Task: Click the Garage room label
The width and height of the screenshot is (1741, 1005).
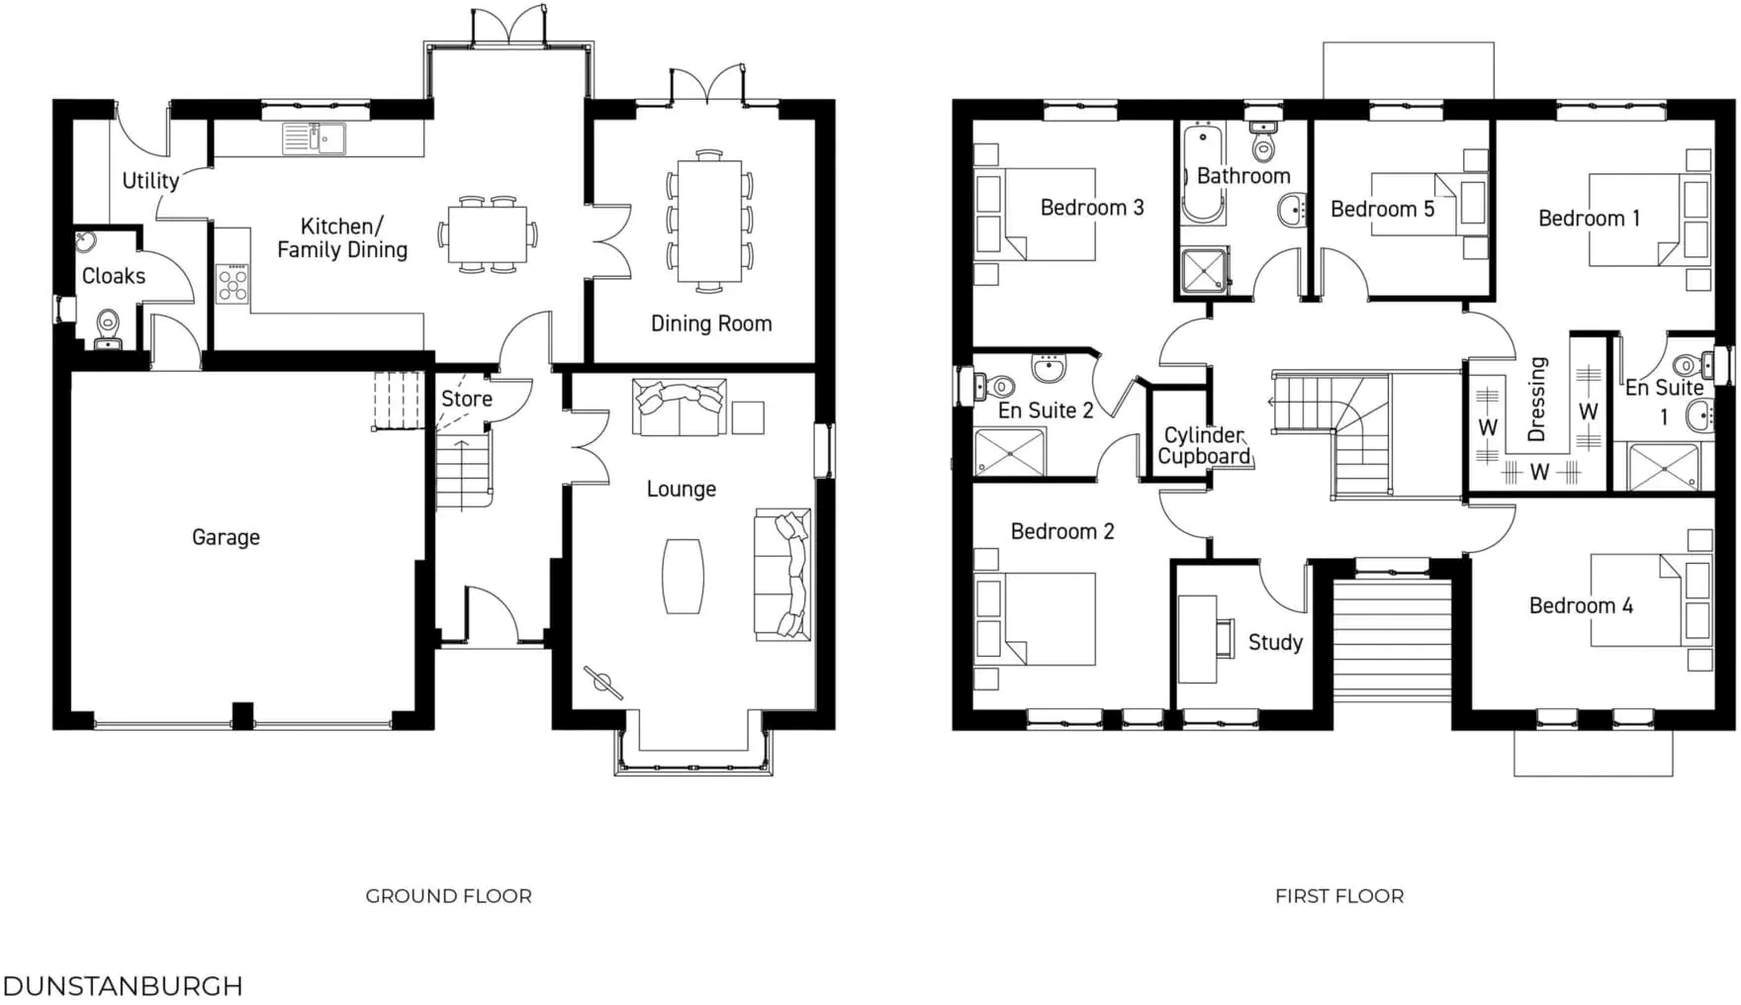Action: pos(226,537)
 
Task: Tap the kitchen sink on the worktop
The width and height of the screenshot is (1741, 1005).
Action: pos(313,138)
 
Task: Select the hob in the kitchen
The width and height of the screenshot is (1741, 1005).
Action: pos(232,284)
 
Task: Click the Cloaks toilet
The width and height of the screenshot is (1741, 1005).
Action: pos(108,327)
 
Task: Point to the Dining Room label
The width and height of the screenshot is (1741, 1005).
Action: pos(710,323)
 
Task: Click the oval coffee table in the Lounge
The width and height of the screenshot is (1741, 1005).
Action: pos(683,576)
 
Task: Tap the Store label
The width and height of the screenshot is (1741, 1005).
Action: pos(466,399)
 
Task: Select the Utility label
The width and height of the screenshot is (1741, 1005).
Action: pos(149,181)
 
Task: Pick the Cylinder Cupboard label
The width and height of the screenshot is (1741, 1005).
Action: pos(1204,446)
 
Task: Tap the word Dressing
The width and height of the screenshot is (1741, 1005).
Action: pos(1536,399)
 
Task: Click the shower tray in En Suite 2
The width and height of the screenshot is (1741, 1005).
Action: pos(1009,453)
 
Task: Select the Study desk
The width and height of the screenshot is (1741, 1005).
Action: pos(1197,639)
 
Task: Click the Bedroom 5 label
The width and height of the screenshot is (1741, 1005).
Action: pos(1382,209)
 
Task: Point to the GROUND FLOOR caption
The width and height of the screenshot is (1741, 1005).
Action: pos(448,896)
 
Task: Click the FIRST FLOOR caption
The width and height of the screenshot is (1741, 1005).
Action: pos(1338,896)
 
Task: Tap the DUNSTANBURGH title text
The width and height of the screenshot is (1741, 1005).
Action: pos(123,986)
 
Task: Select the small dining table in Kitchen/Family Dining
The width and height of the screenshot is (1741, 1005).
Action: pos(487,234)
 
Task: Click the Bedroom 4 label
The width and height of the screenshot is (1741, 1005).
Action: pos(1580,605)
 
